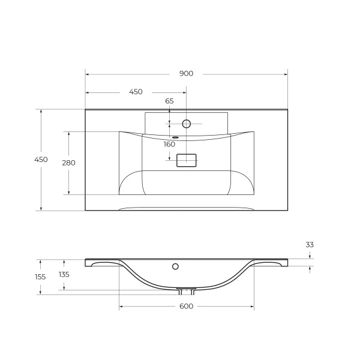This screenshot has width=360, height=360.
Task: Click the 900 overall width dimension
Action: (186, 74)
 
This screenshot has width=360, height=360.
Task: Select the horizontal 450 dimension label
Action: (136, 92)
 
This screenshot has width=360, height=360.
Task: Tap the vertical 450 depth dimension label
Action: (41, 160)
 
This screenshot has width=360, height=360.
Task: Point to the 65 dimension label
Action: (169, 101)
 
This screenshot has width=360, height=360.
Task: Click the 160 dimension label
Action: (169, 145)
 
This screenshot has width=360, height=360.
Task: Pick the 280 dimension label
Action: (68, 163)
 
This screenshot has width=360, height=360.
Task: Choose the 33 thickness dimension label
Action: (310, 245)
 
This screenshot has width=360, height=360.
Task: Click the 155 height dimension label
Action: (40, 277)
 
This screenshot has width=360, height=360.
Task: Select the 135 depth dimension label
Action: (64, 274)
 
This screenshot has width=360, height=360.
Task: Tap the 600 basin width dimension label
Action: (186, 306)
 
